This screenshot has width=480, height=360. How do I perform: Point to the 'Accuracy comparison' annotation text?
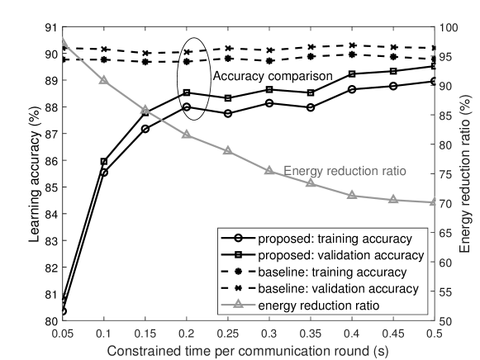tap(273, 76)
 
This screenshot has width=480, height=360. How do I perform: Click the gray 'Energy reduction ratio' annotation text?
tap(345, 172)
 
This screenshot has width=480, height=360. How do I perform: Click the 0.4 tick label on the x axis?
tap(353, 333)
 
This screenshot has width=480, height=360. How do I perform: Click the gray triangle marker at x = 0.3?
tap(269, 170)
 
